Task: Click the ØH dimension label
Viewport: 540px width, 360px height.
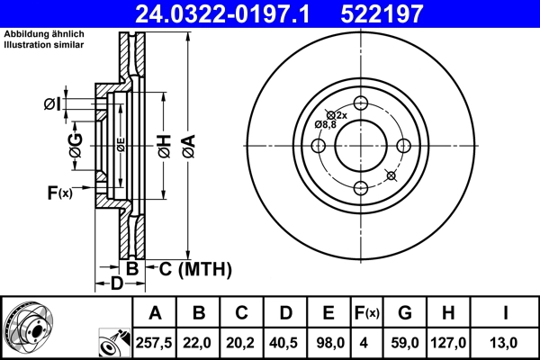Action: pyautogui.click(x=163, y=145)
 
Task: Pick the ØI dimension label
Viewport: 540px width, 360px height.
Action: pyautogui.click(x=51, y=104)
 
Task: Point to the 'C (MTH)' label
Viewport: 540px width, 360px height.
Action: pyautogui.click(x=195, y=268)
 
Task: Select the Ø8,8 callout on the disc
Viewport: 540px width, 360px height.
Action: pyautogui.click(x=324, y=123)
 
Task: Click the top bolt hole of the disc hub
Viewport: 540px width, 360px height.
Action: pyautogui.click(x=361, y=103)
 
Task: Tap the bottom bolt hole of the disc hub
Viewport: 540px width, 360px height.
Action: pyautogui.click(x=361, y=187)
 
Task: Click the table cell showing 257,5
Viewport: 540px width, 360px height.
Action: pyautogui.click(x=156, y=342)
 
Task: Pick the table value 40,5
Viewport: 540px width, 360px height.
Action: pyautogui.click(x=285, y=342)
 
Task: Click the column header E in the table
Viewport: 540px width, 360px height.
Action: pyautogui.click(x=328, y=313)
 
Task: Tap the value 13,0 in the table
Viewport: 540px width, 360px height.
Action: pyautogui.click(x=507, y=342)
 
